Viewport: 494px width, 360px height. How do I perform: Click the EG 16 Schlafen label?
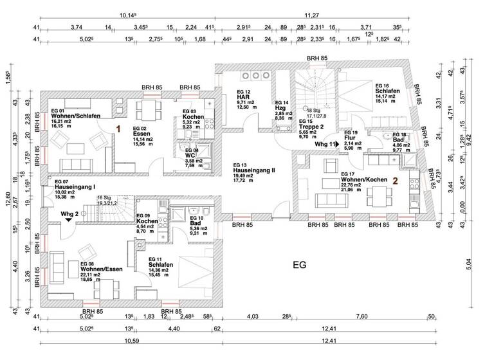coord(388,91)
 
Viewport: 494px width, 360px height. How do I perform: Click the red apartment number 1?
coord(118,129)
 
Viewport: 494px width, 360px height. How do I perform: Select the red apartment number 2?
coord(397,181)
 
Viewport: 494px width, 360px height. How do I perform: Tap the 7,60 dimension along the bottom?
coord(361,316)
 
